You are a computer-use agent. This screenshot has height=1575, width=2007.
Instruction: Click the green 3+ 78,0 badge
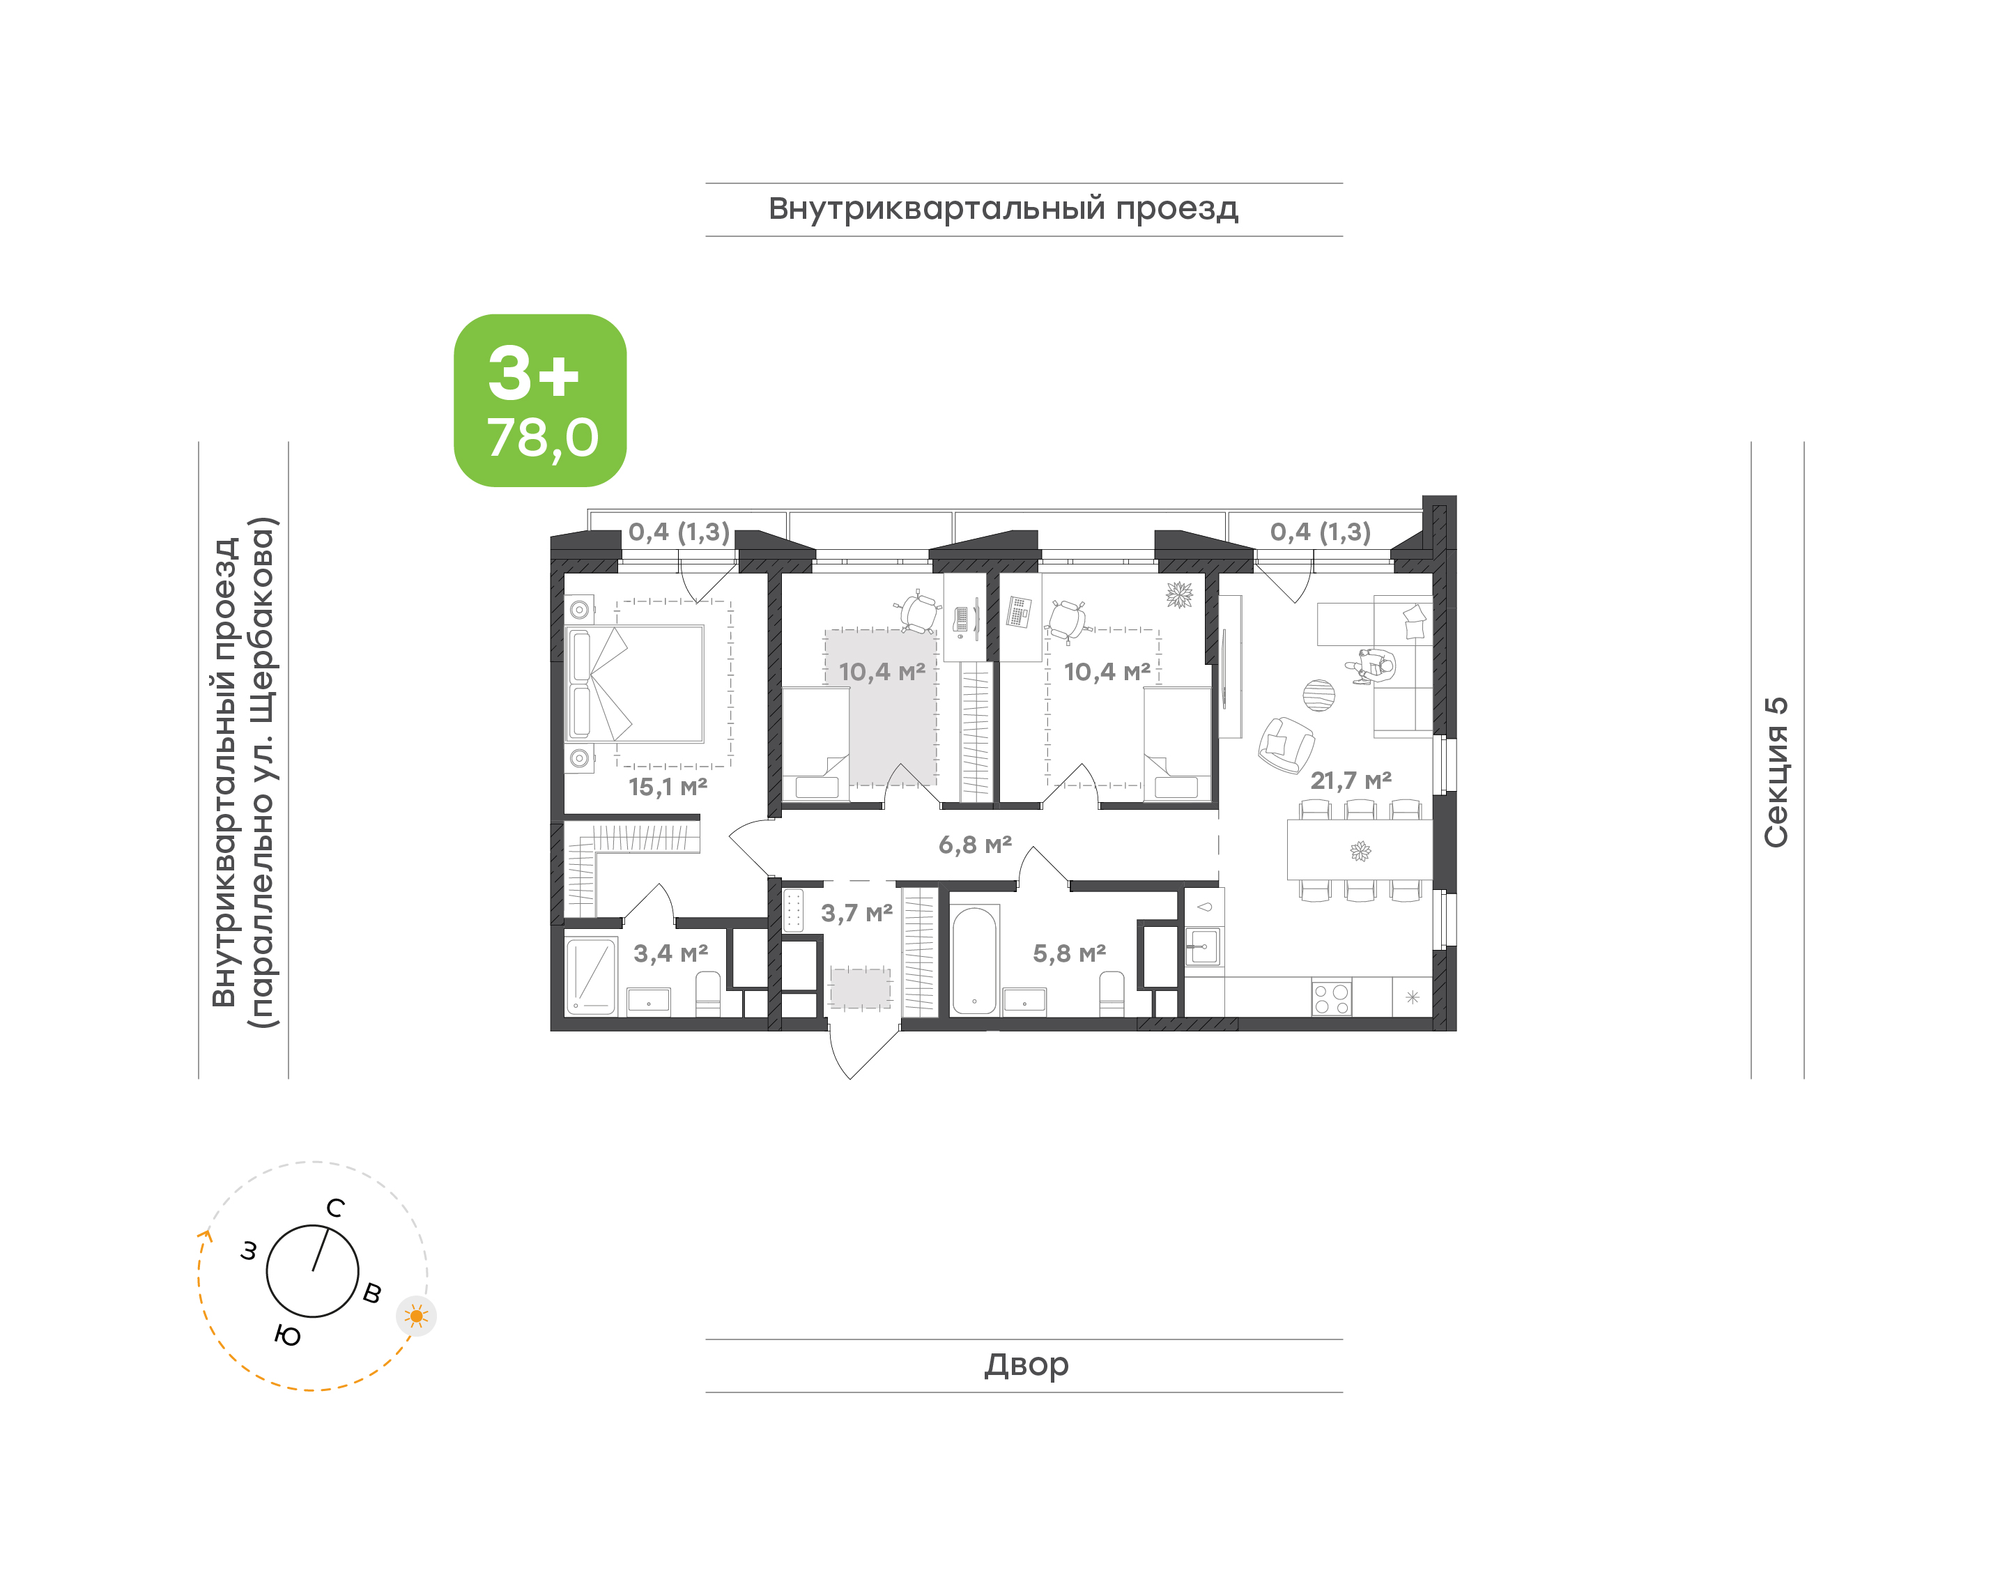coord(539,400)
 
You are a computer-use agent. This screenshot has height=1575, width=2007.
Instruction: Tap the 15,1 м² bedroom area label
coord(668,787)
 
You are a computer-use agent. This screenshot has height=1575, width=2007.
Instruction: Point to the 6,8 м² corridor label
coord(974,844)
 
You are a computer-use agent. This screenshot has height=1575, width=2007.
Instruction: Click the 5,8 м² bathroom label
coord(1068,953)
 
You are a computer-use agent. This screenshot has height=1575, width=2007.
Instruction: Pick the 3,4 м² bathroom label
coord(670,953)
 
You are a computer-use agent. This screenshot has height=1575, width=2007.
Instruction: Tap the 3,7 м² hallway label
coord(856,912)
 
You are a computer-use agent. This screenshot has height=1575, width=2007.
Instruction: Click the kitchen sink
coord(1203,946)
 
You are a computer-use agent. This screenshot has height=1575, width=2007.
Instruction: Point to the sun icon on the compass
coord(417,1316)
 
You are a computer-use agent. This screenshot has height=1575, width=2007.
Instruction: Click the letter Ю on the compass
coord(288,1335)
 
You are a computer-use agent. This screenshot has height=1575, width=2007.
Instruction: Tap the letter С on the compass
coord(336,1208)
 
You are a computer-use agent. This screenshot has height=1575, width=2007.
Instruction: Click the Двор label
coord(1026,1364)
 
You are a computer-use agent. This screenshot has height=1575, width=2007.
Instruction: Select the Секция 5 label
coord(1776,772)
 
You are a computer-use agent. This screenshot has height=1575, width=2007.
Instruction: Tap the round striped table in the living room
coord(1319,696)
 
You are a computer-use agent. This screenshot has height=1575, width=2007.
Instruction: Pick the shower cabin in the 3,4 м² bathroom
coord(591,976)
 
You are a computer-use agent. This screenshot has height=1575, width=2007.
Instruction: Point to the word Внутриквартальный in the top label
coord(937,209)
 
